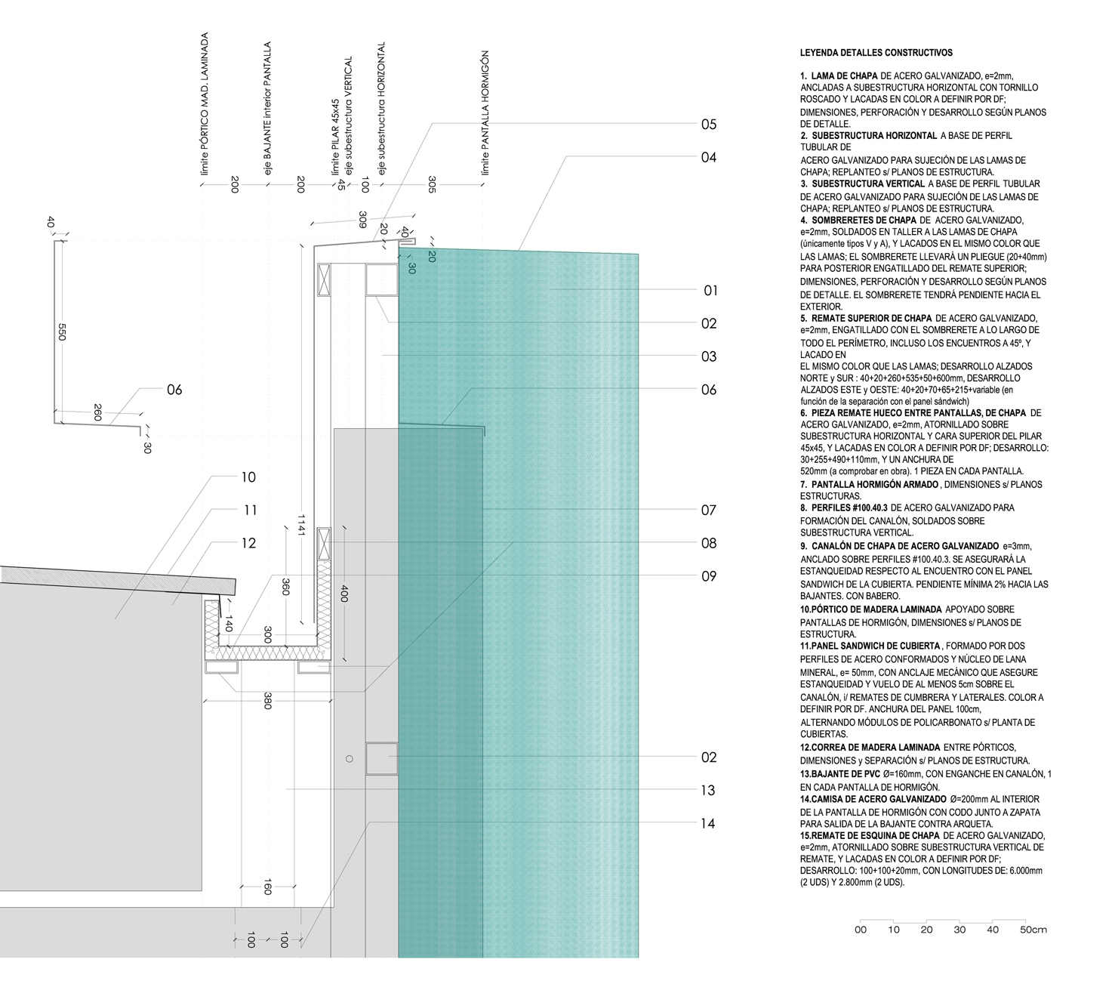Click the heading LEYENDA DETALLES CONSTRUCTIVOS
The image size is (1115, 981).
[x=876, y=53]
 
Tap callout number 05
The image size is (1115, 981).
[x=708, y=125]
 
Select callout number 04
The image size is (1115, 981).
[x=708, y=158]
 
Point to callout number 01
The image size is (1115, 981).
[x=710, y=291]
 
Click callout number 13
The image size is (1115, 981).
[x=707, y=791]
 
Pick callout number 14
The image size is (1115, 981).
[x=707, y=824]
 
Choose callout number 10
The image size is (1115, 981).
[x=248, y=477]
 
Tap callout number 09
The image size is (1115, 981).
[x=708, y=576]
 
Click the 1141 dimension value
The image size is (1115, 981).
[x=300, y=521]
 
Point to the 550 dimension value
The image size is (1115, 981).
[x=63, y=332]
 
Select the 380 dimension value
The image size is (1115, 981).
[x=267, y=701]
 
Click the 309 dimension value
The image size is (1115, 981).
[x=362, y=219]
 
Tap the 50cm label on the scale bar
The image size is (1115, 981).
[x=1033, y=930]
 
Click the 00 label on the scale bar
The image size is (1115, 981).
[x=861, y=930]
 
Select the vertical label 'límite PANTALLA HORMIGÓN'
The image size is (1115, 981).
[x=485, y=113]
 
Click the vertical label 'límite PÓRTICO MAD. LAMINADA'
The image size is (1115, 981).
[x=204, y=110]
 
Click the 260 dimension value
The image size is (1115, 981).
[x=98, y=413]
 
